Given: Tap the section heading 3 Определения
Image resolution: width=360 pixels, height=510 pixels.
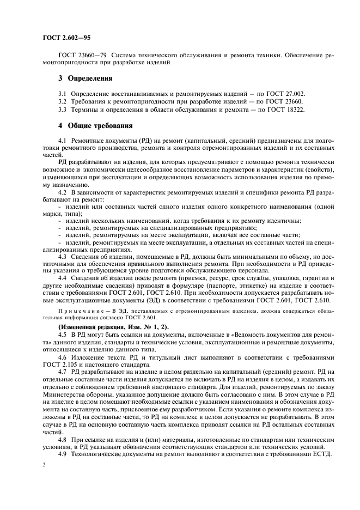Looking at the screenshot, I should (85, 78).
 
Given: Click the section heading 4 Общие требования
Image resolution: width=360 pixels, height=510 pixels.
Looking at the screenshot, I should (95, 125).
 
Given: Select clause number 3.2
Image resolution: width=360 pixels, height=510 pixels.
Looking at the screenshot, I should (63, 101).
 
